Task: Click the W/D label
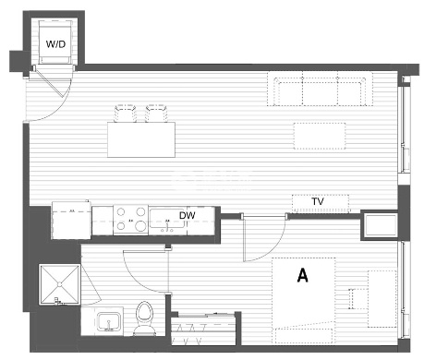55,44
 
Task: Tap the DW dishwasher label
187,215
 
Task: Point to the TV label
318,201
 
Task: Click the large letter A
303,275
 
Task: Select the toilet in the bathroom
144,318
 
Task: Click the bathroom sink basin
108,321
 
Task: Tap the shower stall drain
60,284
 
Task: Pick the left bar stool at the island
125,114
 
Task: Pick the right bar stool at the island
156,114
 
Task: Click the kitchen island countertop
141,139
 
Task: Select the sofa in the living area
320,89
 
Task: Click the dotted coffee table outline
320,136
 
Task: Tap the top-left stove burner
121,211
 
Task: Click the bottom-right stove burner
140,226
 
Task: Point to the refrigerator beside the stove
71,221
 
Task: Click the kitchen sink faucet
167,228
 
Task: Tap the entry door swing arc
60,107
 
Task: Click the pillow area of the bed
304,336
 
